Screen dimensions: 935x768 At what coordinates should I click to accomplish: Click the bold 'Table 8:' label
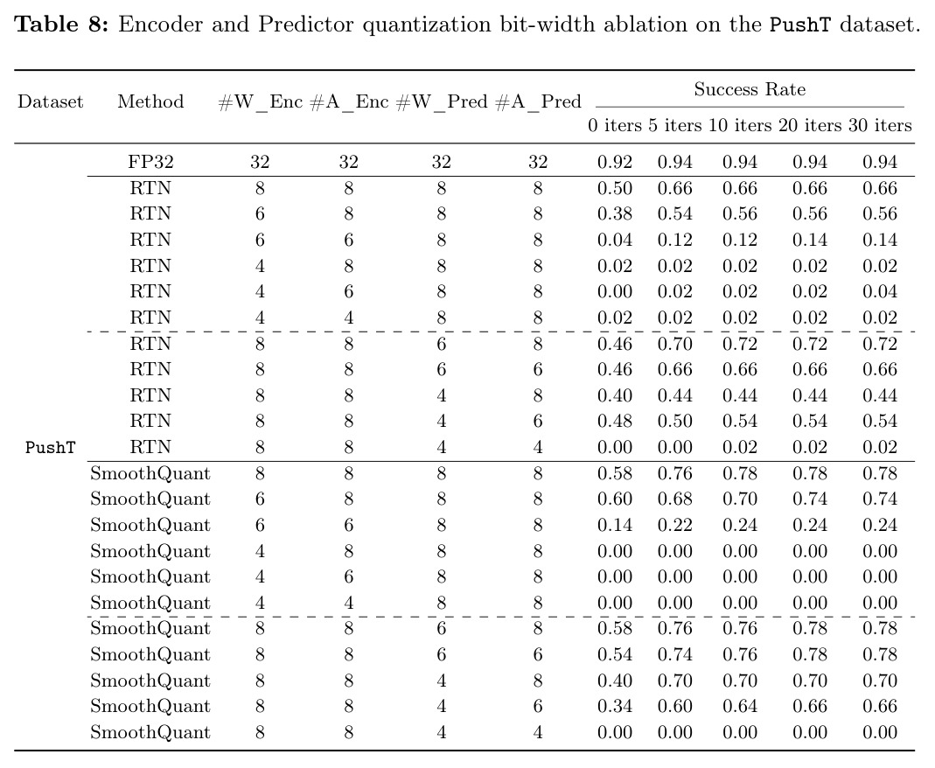click(x=61, y=24)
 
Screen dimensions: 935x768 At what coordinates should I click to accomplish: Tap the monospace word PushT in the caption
click(x=799, y=25)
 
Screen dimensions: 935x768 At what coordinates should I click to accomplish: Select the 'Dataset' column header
click(x=51, y=101)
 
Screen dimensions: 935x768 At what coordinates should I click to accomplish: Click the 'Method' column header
click(x=150, y=101)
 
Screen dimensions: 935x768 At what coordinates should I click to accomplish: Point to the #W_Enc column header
click(x=261, y=102)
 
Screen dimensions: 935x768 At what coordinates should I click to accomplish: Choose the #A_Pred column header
click(x=538, y=102)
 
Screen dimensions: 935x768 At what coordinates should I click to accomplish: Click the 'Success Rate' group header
click(x=750, y=89)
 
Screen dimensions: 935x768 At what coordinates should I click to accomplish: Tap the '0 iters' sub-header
click(x=615, y=125)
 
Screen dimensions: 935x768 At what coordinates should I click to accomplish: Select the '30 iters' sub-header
click(x=880, y=125)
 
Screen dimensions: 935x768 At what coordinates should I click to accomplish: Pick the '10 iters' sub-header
click(x=740, y=125)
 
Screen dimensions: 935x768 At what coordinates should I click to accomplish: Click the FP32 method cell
click(x=150, y=162)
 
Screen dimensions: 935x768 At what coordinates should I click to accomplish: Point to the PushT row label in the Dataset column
click(x=51, y=447)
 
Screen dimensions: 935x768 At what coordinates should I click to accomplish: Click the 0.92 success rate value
click(x=615, y=162)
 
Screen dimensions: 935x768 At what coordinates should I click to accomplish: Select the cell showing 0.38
click(x=615, y=214)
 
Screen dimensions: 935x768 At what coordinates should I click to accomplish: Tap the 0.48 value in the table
click(x=615, y=421)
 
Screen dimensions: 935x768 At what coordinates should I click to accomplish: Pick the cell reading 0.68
click(x=675, y=499)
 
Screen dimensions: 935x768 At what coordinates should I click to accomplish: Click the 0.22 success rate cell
click(x=675, y=526)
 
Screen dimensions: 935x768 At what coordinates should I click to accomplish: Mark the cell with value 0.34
click(x=615, y=707)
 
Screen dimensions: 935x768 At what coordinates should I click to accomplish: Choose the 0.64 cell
click(x=740, y=707)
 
